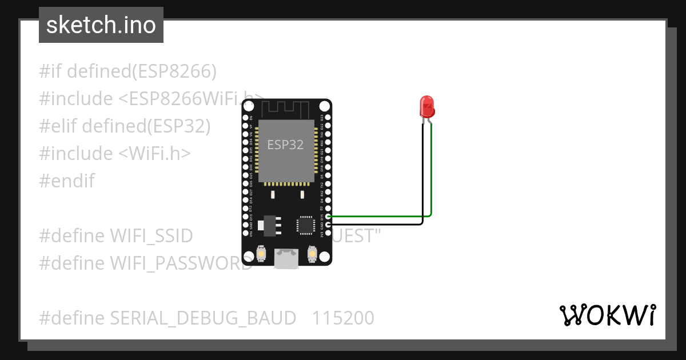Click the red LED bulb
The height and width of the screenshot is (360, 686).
(x=427, y=107)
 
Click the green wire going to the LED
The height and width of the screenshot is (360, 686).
(x=431, y=171)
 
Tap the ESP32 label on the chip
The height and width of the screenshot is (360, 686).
(x=285, y=145)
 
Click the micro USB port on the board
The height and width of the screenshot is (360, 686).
(x=286, y=258)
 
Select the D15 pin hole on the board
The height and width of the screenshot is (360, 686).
(x=328, y=217)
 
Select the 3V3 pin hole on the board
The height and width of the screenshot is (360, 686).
(x=328, y=233)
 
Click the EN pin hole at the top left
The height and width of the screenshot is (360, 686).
(x=246, y=117)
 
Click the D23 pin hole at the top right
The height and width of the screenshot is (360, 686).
(x=328, y=117)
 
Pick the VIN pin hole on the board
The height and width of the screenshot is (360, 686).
(x=246, y=233)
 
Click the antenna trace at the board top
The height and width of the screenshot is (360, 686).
(x=286, y=107)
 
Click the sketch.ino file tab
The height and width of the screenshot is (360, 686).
(x=101, y=25)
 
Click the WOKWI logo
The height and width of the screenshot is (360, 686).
(x=608, y=315)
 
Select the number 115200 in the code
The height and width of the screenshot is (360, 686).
(x=343, y=318)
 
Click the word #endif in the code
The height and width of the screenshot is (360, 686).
(x=67, y=181)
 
